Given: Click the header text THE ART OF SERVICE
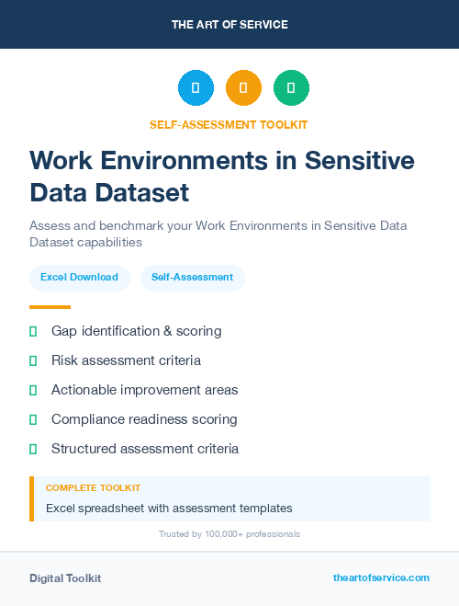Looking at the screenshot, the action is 229,25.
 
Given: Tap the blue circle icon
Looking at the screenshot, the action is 196,88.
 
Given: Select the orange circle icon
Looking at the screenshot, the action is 243,88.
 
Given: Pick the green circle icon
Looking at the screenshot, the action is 292,88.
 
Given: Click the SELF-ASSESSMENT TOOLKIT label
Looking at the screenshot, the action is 229,124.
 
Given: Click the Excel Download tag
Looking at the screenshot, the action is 79,277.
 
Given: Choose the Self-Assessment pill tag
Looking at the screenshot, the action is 192,277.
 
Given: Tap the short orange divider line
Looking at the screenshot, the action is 50,307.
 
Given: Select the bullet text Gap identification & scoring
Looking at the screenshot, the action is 136,330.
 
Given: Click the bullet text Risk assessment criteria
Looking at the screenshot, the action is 126,360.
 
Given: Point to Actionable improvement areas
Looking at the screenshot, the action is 144,390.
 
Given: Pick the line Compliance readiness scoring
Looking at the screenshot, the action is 144,419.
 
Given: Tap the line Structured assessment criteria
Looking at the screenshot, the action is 145,449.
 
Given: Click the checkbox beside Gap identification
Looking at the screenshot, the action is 33,331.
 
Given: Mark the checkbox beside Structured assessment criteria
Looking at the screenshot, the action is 33,449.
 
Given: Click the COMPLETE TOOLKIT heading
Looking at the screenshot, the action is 93,487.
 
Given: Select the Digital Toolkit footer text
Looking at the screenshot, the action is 65,577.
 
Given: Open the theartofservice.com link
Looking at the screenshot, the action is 381,577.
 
